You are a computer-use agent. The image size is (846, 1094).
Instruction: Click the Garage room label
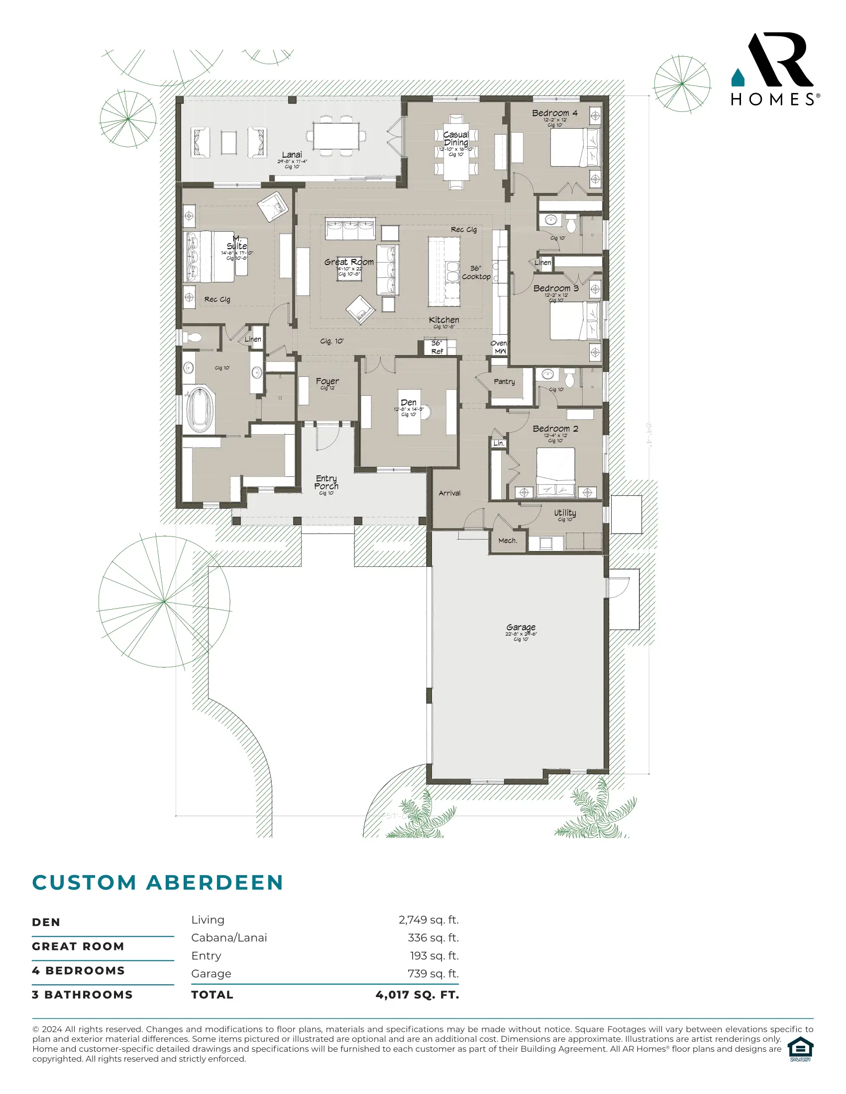521,627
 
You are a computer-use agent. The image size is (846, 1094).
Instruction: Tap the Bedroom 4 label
554,113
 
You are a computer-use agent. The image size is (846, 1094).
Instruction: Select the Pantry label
504,382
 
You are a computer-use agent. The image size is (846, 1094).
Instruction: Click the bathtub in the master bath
200,410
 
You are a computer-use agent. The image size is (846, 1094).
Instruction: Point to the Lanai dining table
336,136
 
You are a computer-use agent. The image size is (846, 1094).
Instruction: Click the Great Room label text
349,262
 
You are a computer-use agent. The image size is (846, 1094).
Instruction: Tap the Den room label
408,403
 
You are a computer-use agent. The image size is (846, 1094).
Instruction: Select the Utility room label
565,513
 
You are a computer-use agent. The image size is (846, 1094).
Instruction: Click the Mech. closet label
507,541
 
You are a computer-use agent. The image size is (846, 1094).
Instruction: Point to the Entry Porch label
326,482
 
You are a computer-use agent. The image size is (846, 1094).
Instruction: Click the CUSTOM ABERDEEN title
158,883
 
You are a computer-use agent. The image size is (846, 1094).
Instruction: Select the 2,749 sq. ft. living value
428,920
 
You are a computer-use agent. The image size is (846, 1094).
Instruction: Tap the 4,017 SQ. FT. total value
417,995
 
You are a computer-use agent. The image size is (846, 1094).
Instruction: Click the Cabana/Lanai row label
229,938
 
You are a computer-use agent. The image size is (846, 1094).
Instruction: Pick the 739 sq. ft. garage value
433,974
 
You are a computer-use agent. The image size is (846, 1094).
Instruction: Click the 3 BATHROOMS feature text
82,995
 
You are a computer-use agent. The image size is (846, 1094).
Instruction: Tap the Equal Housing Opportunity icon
800,1049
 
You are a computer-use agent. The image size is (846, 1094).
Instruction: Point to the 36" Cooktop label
476,273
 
